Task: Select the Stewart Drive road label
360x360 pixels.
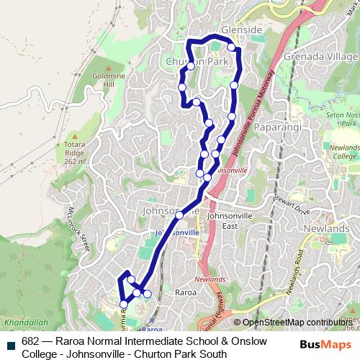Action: (292, 211)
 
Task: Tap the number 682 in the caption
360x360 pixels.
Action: (30, 341)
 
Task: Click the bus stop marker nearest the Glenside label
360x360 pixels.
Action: (232, 48)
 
